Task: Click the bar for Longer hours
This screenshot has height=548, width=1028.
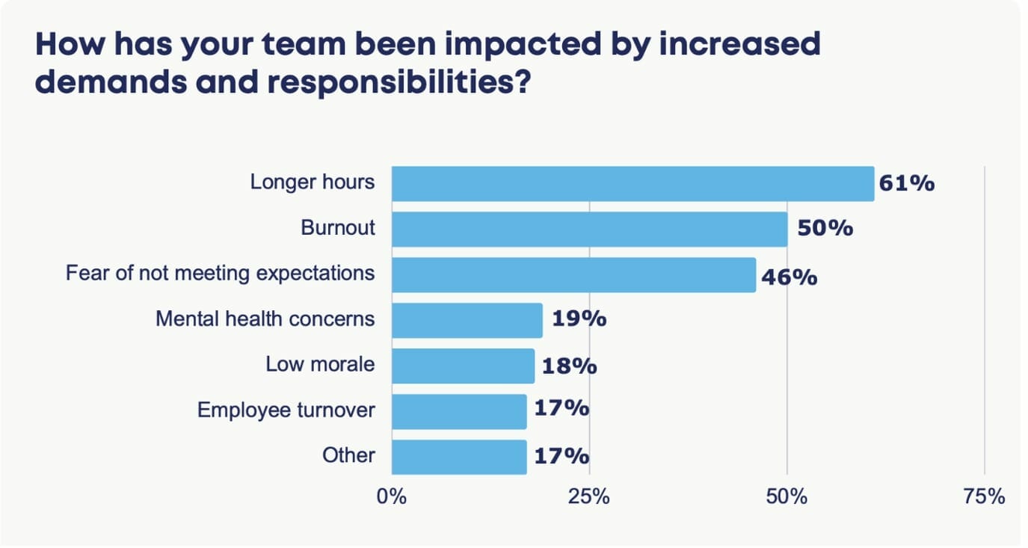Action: tap(633, 184)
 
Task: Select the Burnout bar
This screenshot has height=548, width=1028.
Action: tap(589, 230)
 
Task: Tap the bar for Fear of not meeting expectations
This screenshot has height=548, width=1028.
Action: tap(573, 275)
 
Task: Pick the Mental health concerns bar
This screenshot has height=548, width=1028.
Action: tap(467, 320)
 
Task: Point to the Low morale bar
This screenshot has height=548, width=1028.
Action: tap(463, 366)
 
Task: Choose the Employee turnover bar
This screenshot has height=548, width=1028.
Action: tap(459, 411)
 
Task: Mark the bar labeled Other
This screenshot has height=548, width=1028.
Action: tap(459, 457)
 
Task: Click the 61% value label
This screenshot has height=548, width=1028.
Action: tap(906, 184)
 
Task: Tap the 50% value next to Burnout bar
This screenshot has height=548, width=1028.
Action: tap(825, 229)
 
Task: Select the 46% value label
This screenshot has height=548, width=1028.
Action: tap(789, 278)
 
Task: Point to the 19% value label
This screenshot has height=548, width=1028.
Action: tap(579, 319)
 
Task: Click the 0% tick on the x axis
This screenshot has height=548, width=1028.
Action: tap(391, 496)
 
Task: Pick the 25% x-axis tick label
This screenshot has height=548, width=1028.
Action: tap(589, 496)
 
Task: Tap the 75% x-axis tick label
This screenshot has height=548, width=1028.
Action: tap(984, 496)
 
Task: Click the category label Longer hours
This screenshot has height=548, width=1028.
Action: tap(312, 182)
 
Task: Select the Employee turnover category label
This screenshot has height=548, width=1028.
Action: tap(286, 410)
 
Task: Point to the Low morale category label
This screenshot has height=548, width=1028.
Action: tap(320, 364)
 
